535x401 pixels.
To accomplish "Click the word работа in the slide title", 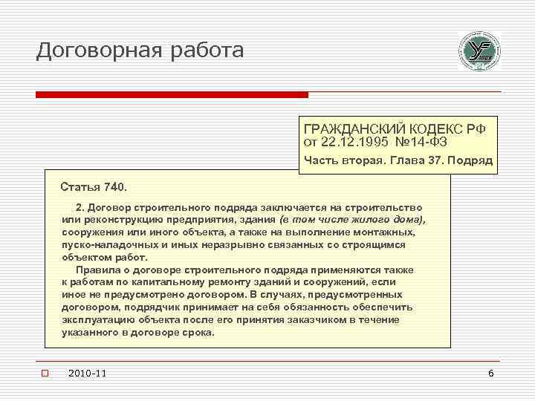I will click(204, 50).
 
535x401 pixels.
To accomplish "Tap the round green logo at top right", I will click(479, 51).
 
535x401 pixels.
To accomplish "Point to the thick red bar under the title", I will click(172, 94).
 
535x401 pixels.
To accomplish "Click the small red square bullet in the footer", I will click(45, 372).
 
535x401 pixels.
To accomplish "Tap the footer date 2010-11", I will click(86, 372).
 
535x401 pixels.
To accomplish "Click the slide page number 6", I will click(490, 372).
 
